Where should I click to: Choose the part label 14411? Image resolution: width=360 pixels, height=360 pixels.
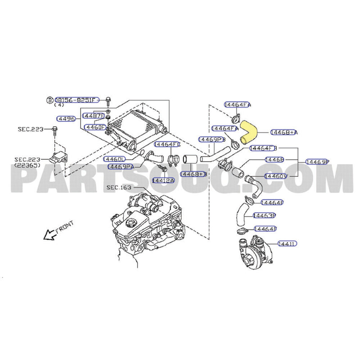click(x=287, y=243)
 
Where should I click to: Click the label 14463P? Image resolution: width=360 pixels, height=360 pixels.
click(x=264, y=216)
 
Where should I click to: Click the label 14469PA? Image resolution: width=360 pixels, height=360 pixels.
click(x=121, y=166)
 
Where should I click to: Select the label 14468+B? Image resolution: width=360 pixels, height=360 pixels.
click(x=193, y=174)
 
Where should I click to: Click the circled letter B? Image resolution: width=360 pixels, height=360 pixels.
click(x=50, y=99)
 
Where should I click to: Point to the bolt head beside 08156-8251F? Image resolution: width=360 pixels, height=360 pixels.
click(x=109, y=99)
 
